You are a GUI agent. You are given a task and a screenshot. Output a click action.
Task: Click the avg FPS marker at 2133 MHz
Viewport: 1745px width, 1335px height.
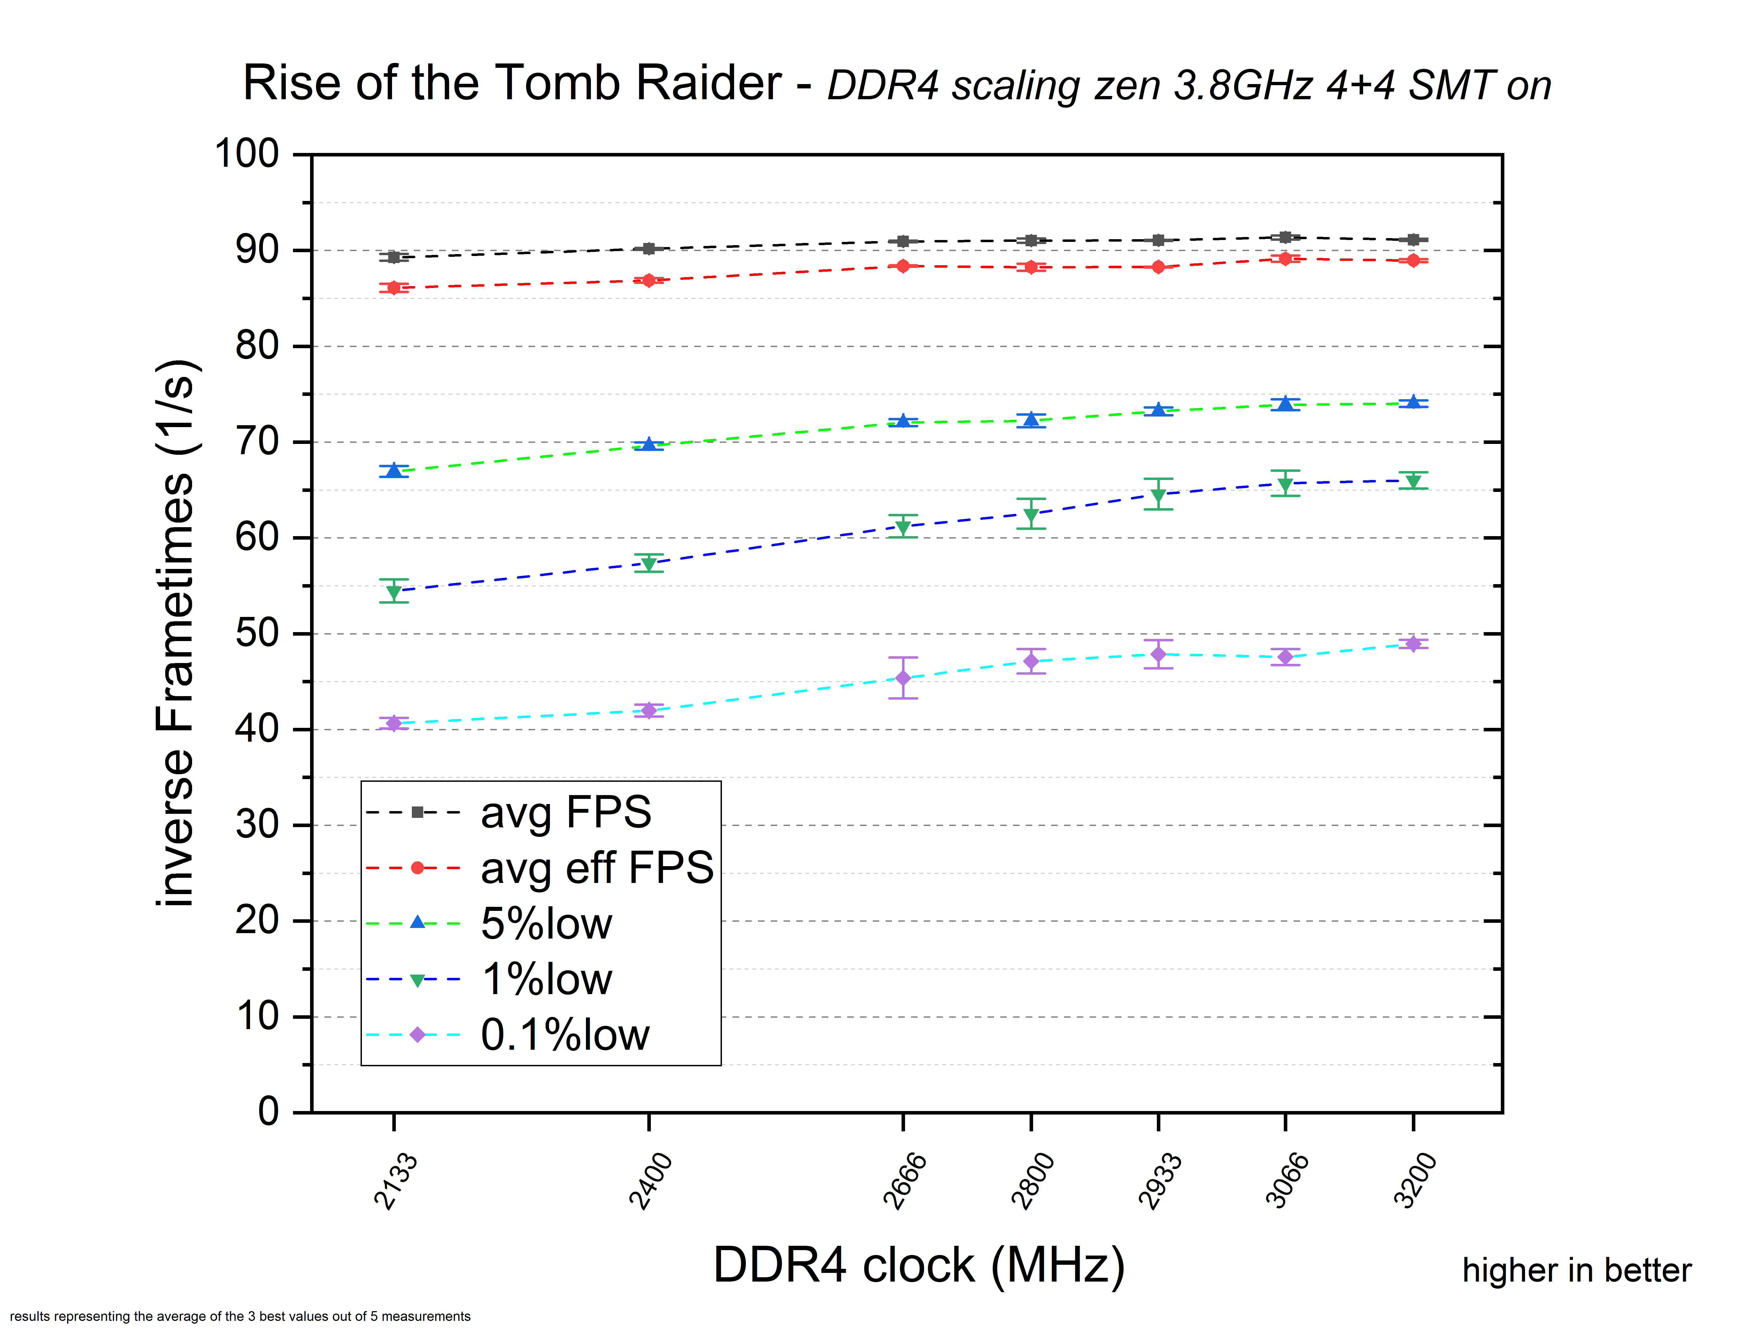point(393,257)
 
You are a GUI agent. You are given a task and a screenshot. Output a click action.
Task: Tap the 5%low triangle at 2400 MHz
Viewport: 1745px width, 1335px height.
point(649,444)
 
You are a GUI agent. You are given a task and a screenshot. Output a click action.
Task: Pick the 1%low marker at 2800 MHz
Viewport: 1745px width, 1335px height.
point(1031,515)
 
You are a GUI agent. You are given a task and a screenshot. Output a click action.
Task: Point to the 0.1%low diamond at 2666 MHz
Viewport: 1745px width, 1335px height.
point(903,678)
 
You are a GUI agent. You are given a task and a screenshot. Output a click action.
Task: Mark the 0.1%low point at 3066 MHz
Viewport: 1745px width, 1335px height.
point(1285,656)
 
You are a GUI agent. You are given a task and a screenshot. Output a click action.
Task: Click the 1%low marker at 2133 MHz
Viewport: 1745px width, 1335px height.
point(393,592)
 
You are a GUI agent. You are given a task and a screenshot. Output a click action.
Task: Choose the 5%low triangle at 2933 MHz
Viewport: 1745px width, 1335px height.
point(1158,409)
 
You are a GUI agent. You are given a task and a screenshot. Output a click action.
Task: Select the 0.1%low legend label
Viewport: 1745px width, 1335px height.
point(565,1035)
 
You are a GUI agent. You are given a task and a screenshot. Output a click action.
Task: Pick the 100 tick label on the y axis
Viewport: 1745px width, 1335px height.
point(247,153)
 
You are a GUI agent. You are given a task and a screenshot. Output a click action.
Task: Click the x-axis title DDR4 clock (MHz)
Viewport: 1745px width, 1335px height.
point(919,1265)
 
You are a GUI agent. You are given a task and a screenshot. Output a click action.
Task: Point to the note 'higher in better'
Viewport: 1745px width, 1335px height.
point(1577,1270)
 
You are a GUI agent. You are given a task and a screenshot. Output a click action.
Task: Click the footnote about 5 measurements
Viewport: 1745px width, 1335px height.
point(240,1316)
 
